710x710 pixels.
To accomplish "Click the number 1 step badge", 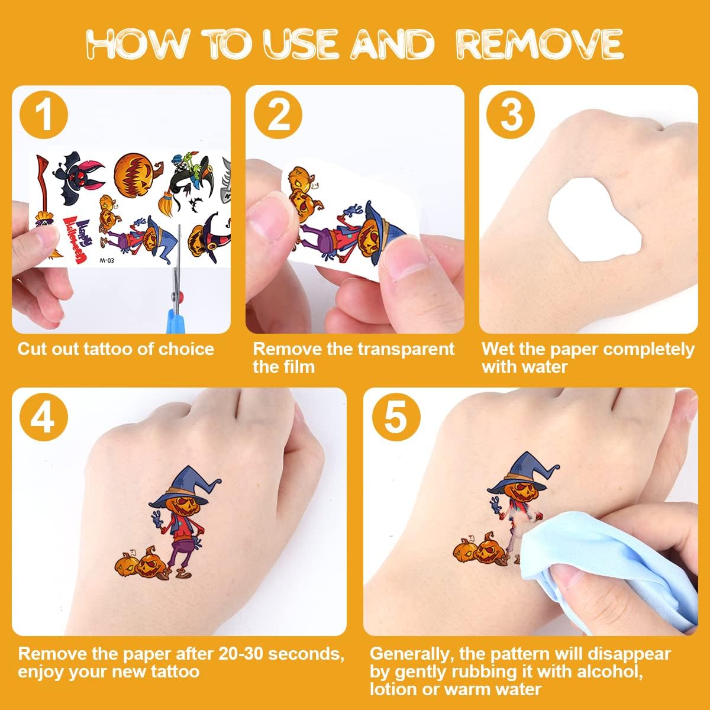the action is coord(43,115).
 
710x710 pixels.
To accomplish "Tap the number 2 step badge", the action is coord(278,115).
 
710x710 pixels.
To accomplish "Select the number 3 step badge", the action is coord(510,115).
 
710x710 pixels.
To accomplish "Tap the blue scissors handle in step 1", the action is coord(176,320).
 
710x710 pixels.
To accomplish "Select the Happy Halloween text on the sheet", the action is coord(78,240).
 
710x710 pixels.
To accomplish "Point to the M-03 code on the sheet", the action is coord(106,260).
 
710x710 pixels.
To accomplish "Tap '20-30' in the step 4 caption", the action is coord(240,654).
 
